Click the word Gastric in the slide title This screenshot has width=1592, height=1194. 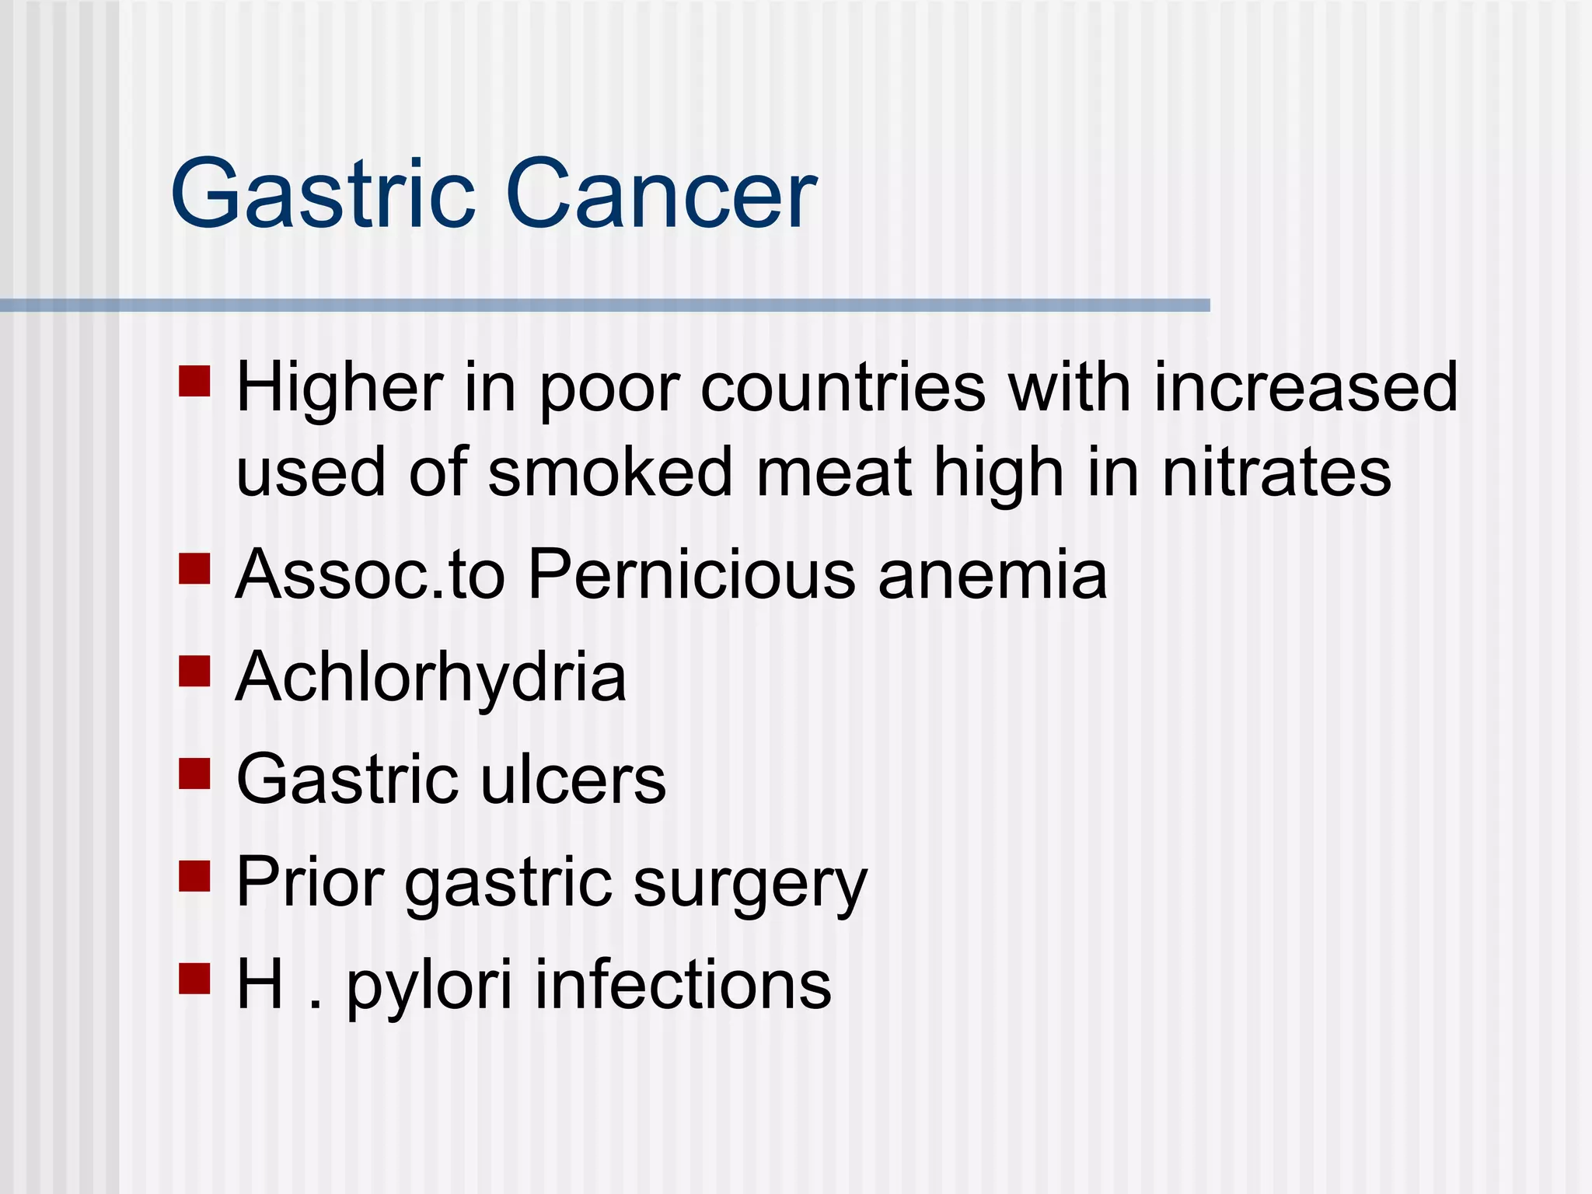point(323,194)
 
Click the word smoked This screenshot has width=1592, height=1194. point(610,473)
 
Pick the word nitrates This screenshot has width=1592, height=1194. point(1276,473)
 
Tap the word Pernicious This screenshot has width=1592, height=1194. point(691,575)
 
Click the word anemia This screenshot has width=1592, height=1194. point(993,575)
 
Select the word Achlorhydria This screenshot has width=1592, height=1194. point(431,678)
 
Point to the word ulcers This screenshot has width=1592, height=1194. point(574,780)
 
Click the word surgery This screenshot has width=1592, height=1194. point(750,884)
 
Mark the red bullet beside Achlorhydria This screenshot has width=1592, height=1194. point(194,671)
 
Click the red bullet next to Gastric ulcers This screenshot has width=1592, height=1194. point(194,773)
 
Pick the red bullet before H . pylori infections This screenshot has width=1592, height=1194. point(194,979)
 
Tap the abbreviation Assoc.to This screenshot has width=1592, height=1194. point(370,575)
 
